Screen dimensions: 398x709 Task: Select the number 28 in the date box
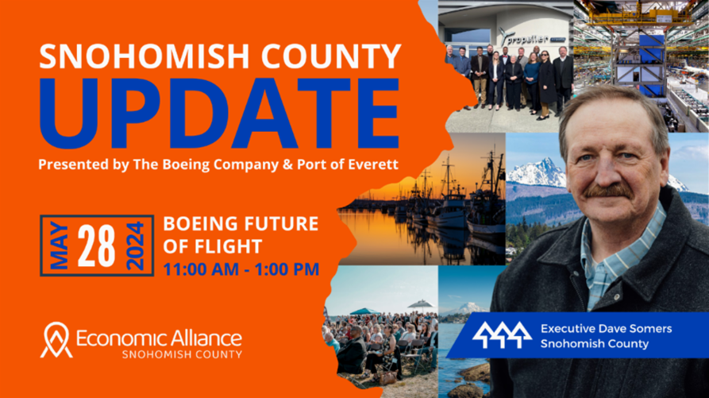coord(96,245)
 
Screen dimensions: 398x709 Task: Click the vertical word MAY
coord(60,245)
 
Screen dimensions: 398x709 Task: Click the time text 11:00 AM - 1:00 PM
coord(241,269)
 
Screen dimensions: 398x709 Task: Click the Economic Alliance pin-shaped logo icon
coord(56,340)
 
